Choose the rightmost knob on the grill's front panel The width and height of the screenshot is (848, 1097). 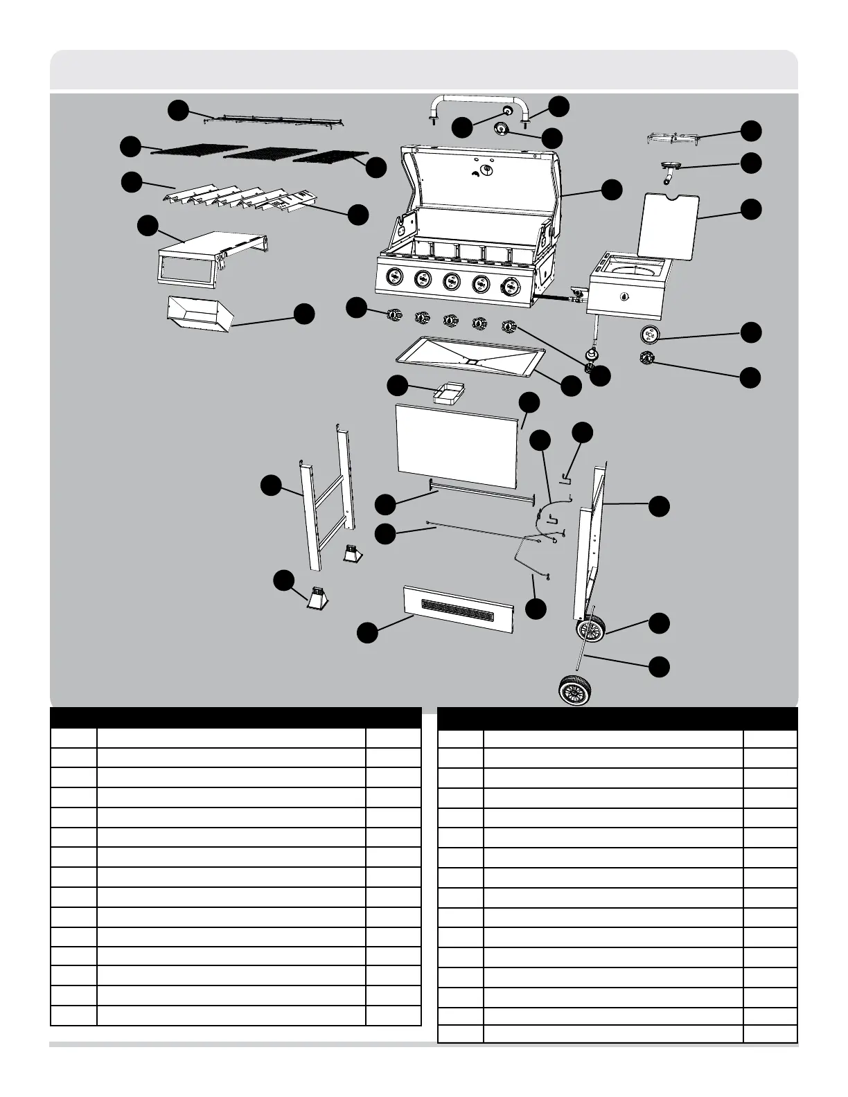[512, 285]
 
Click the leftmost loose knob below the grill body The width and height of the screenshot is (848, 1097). [393, 316]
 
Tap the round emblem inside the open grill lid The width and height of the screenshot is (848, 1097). [487, 170]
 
